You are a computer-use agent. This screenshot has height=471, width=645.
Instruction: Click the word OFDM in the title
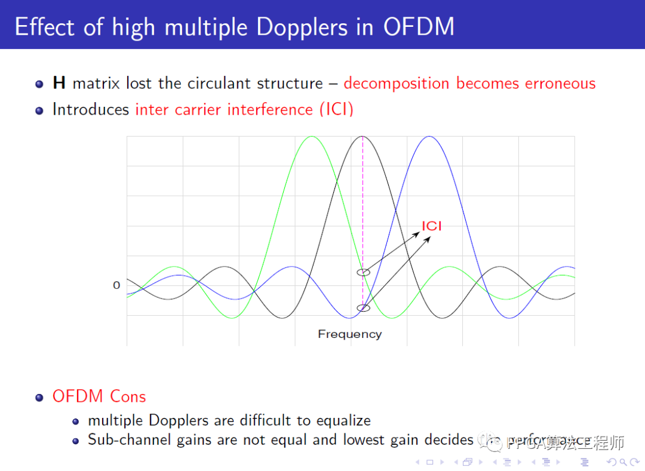pos(418,27)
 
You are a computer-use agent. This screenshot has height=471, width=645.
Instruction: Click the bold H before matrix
pos(59,83)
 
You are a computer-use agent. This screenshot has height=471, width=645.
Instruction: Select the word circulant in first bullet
pos(220,83)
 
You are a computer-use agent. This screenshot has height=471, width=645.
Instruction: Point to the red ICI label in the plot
pos(432,226)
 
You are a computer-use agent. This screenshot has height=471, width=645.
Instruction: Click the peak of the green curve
pos(311,137)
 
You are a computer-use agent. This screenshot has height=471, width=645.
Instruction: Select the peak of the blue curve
pos(428,137)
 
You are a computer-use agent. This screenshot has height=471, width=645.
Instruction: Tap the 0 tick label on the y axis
pos(116,285)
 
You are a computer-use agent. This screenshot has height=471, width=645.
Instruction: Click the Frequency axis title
pos(349,334)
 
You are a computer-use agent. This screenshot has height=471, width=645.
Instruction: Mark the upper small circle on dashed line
pos(364,272)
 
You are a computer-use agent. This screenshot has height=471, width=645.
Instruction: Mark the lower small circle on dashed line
pos(363,308)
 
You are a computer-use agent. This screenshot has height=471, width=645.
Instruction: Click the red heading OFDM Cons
pos(99,396)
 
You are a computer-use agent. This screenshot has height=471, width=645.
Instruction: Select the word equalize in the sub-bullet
pos(343,420)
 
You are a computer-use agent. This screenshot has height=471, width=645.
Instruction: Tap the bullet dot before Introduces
pos(39,110)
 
